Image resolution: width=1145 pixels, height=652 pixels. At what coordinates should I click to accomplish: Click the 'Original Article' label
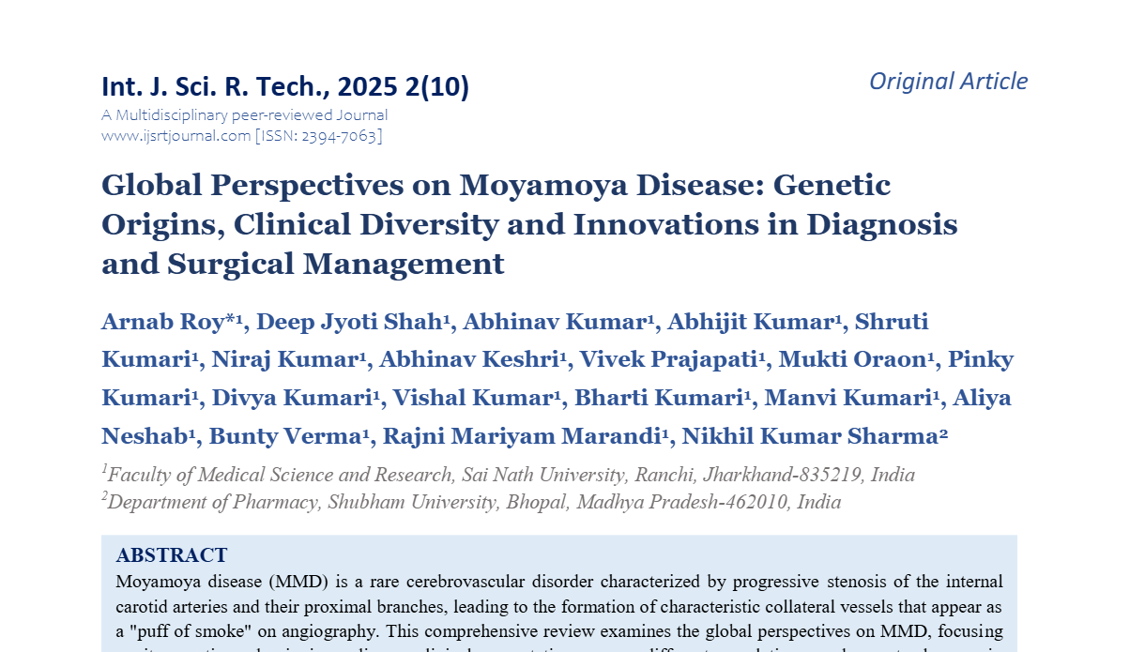pyautogui.click(x=948, y=82)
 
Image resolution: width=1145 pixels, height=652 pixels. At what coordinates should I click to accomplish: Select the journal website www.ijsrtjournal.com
pyautogui.click(x=176, y=136)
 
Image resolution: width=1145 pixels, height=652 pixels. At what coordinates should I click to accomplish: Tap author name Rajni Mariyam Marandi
pyautogui.click(x=517, y=436)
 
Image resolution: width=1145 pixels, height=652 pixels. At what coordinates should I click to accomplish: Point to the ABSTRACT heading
pyautogui.click(x=172, y=555)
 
